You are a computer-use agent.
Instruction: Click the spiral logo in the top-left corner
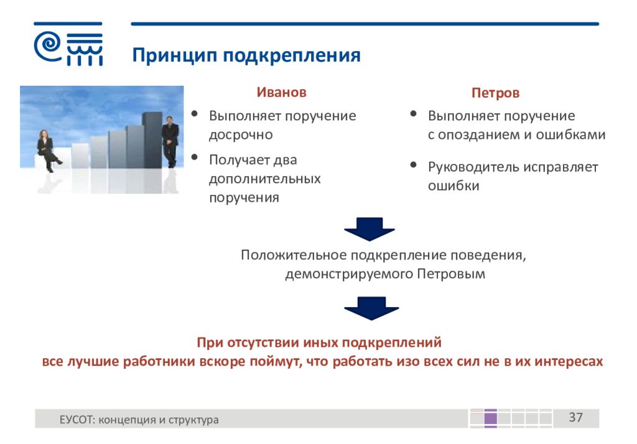point(47,47)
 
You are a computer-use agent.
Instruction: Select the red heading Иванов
point(281,92)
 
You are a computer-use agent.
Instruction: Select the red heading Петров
point(495,93)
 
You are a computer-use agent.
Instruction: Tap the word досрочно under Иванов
point(241,135)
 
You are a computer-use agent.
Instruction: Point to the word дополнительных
point(265,179)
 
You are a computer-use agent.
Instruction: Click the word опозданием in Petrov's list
point(478,135)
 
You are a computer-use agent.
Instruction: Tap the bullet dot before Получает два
point(195,157)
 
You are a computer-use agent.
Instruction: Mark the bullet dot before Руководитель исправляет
point(414,164)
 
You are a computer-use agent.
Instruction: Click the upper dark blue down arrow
point(370,229)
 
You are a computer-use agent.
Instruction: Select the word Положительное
point(294,255)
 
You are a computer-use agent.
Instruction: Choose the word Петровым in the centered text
point(451,274)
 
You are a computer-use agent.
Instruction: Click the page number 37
point(575,418)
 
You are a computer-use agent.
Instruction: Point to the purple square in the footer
point(491,418)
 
